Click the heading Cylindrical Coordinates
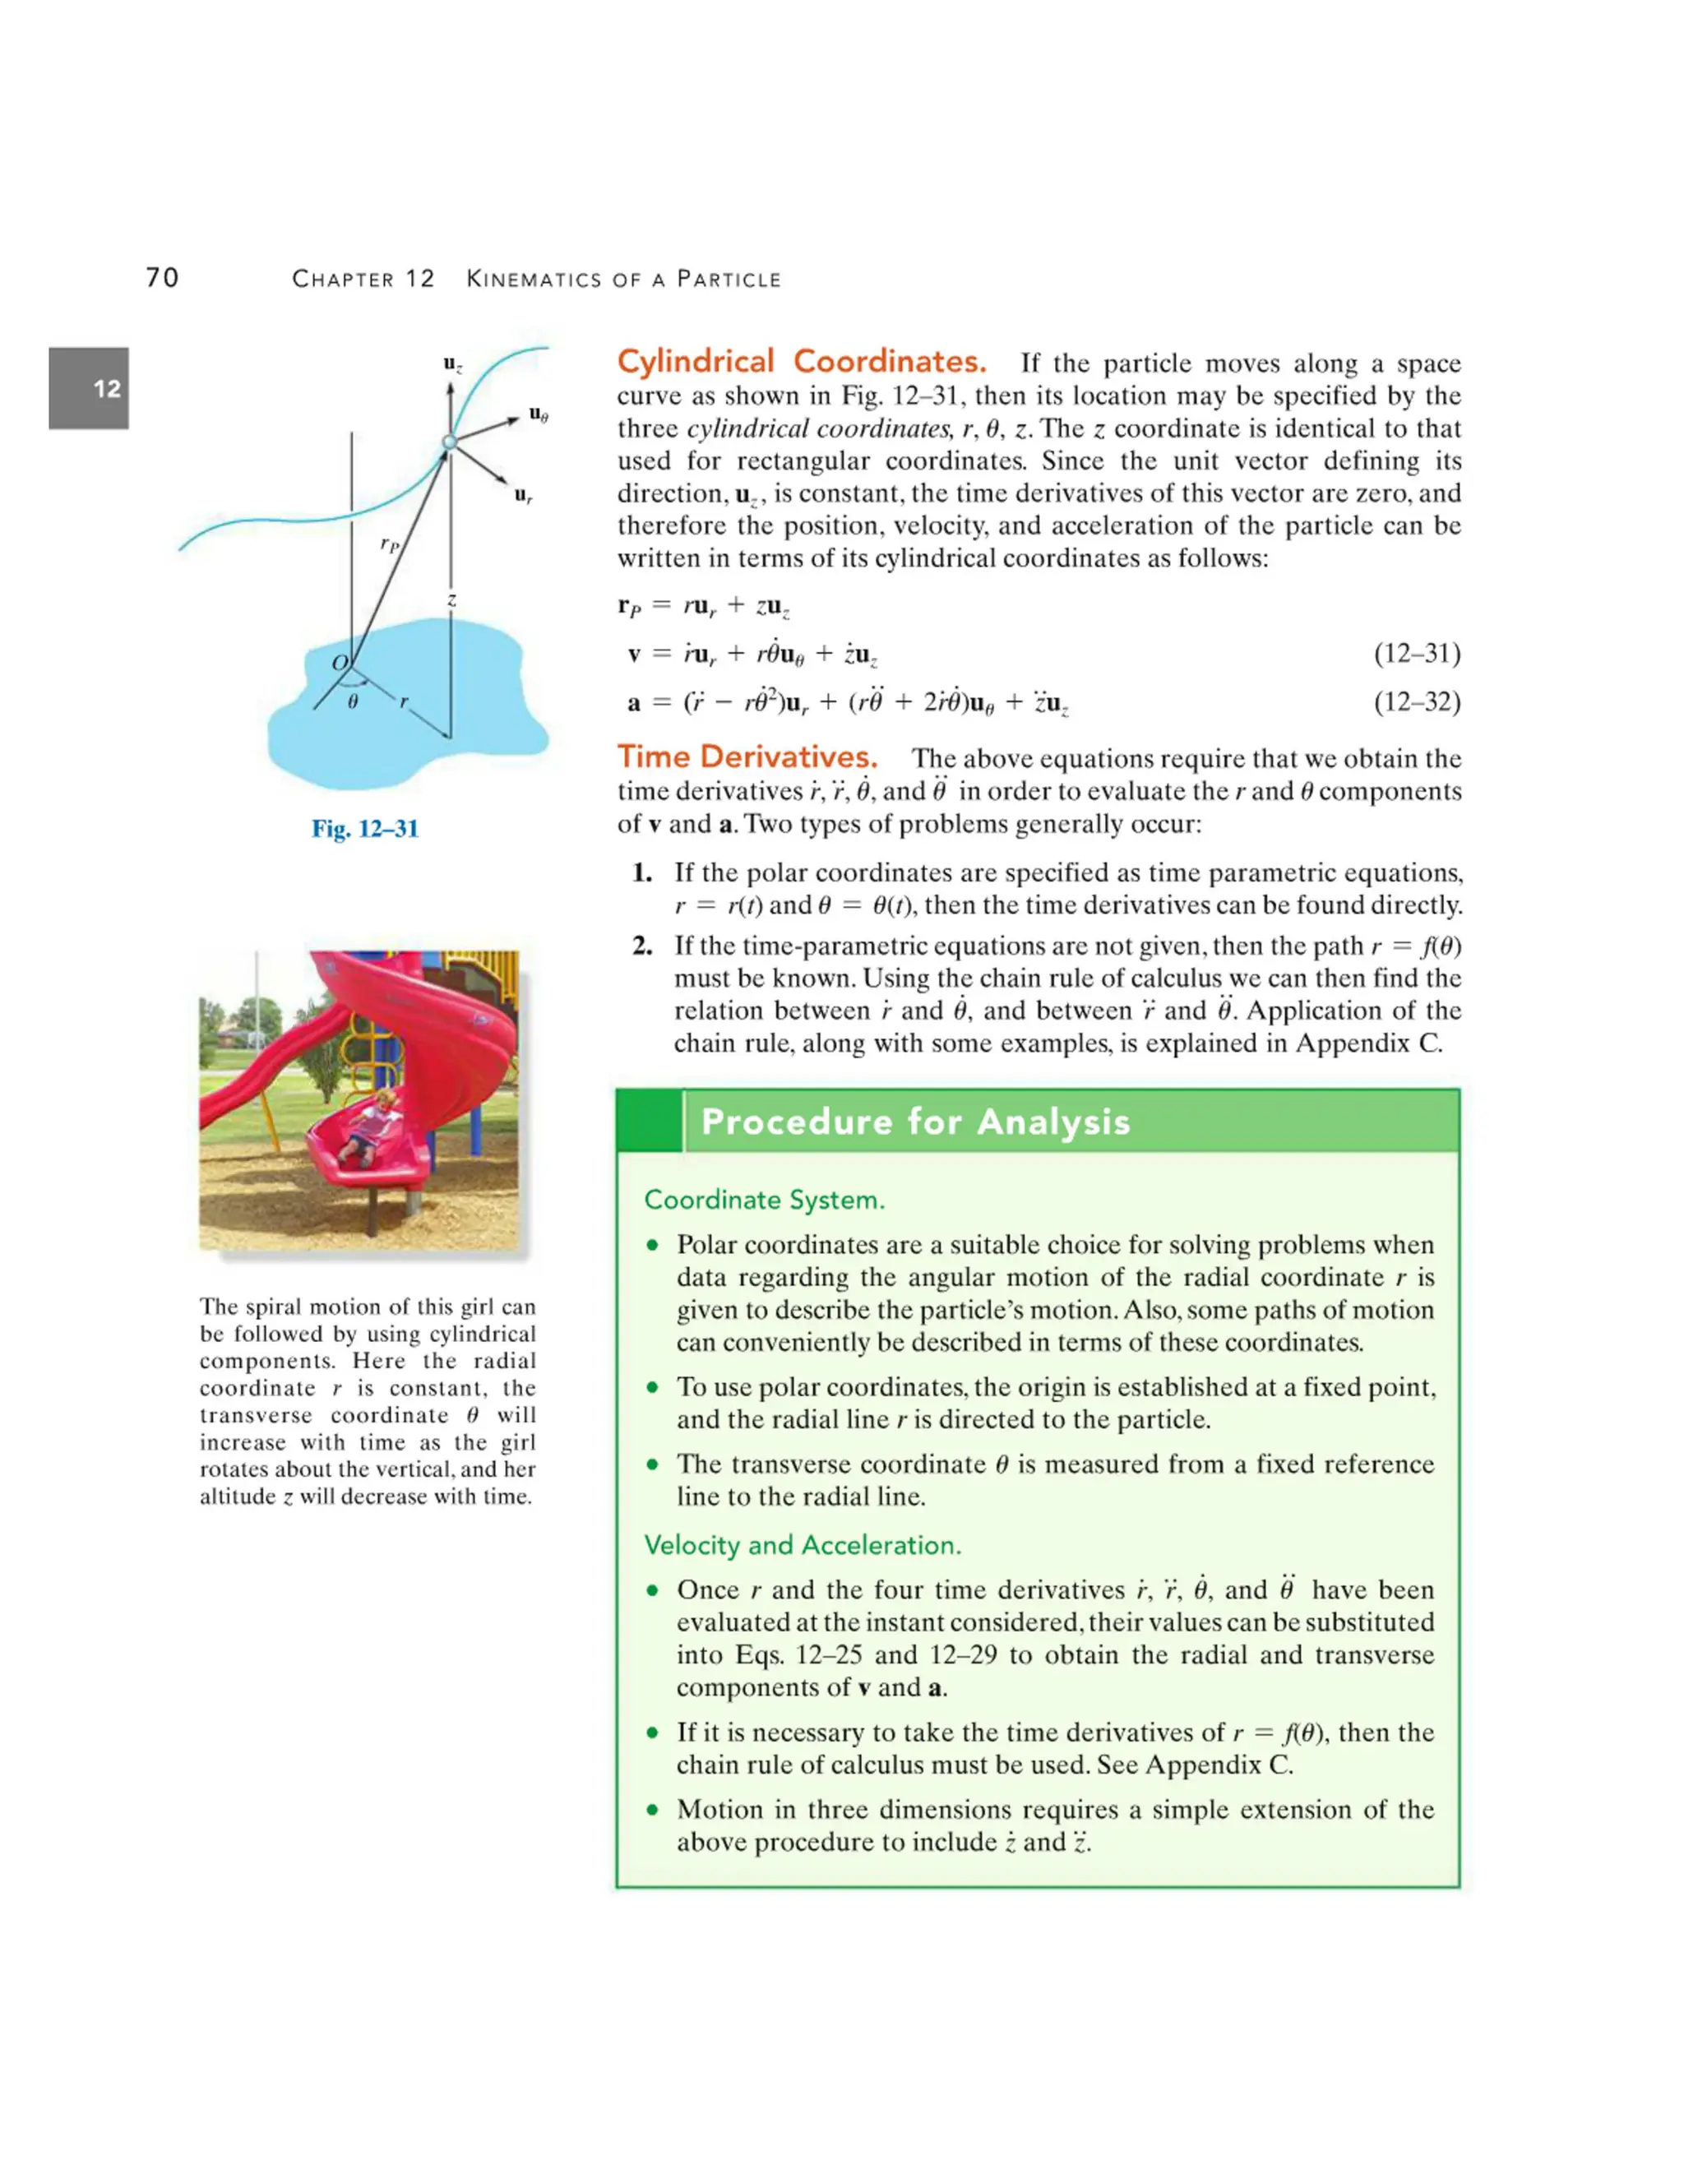801,361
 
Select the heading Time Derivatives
747,756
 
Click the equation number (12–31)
1417,654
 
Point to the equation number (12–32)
1417,702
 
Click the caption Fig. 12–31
365,828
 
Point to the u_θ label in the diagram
539,414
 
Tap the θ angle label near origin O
352,702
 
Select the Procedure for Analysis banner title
916,1122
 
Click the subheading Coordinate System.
764,1199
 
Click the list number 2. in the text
642,946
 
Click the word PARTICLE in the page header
729,280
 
